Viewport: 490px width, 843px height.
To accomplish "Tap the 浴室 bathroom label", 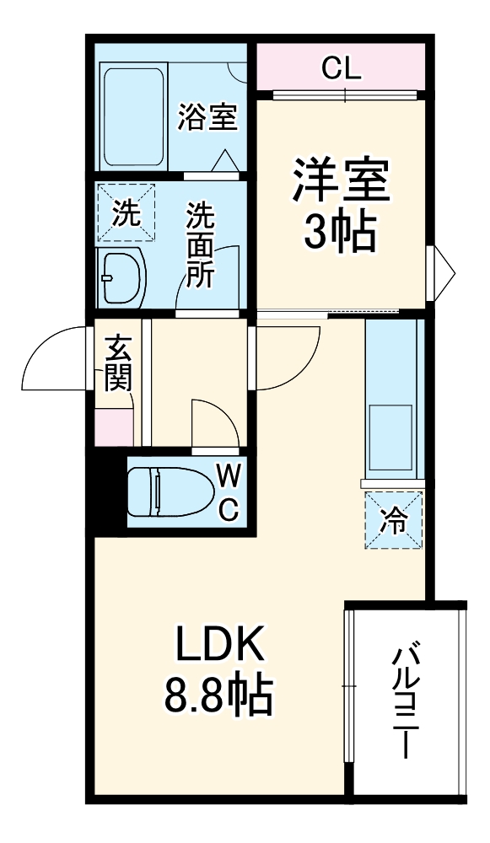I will pos(207,117).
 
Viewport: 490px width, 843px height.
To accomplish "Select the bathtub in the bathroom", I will pos(135,117).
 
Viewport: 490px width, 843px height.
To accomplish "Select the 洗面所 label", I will pos(200,246).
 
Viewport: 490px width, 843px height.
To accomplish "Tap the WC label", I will pos(229,492).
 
